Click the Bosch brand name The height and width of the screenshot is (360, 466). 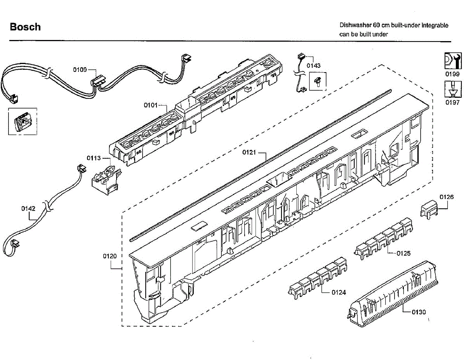25,27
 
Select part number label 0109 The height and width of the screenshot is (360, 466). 80,70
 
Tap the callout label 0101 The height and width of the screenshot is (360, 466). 150,105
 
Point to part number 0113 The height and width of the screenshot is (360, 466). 94,158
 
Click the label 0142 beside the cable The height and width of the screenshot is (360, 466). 28,208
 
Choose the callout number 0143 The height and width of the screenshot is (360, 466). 313,66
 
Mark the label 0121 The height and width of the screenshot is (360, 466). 249,152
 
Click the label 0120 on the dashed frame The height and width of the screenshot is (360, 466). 110,256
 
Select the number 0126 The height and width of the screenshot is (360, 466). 446,197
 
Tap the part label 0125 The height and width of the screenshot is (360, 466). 403,253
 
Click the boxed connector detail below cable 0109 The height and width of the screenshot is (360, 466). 23,121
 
